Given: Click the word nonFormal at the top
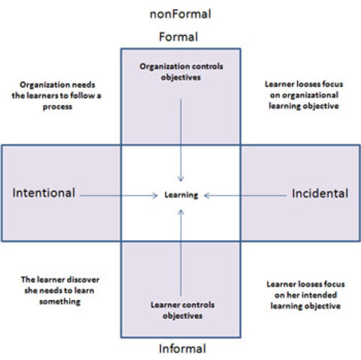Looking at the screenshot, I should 180,14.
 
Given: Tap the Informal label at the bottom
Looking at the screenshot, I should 181,349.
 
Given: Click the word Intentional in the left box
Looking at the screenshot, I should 44,193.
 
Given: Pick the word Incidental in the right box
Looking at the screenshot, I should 320,193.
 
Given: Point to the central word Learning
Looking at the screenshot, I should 181,195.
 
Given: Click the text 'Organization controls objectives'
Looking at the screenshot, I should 181,71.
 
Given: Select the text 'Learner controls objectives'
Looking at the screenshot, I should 181,311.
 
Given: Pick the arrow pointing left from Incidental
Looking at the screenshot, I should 244,195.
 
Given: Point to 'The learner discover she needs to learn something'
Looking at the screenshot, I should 59,290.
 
